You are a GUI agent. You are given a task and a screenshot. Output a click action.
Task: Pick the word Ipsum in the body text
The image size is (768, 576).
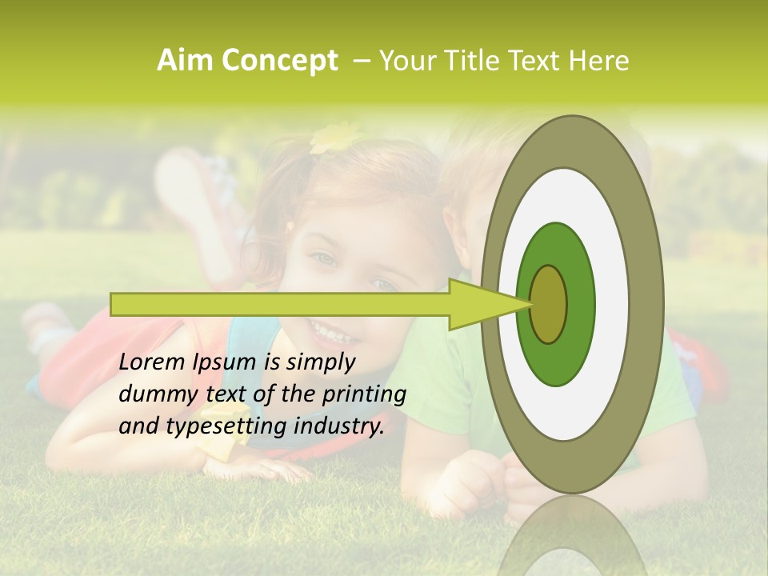pyautogui.click(x=227, y=362)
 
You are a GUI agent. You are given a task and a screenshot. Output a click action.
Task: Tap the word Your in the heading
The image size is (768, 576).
pyautogui.click(x=406, y=61)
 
